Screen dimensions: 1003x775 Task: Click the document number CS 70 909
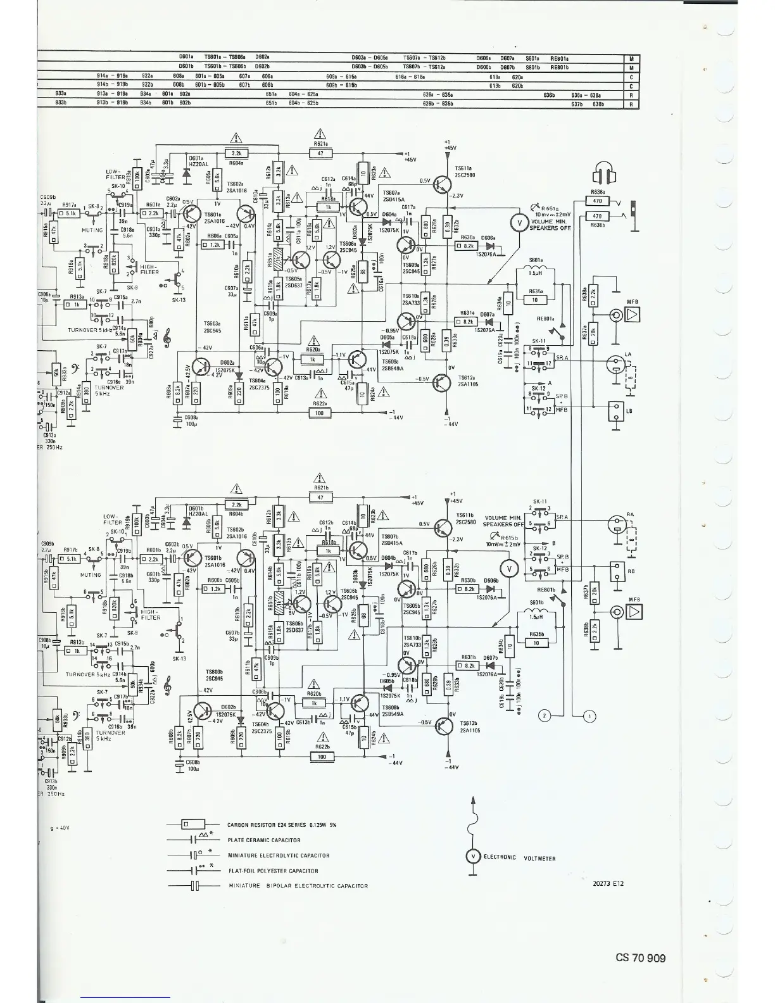tap(640, 958)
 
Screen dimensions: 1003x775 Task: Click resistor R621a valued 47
tap(320, 153)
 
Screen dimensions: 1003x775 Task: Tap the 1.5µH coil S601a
tap(536, 273)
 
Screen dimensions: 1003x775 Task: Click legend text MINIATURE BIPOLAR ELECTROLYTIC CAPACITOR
tap(298, 886)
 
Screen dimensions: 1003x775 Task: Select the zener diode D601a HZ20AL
tap(186, 172)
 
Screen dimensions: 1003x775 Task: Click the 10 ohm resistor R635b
tap(536, 643)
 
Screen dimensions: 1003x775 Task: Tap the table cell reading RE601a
tap(560, 58)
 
